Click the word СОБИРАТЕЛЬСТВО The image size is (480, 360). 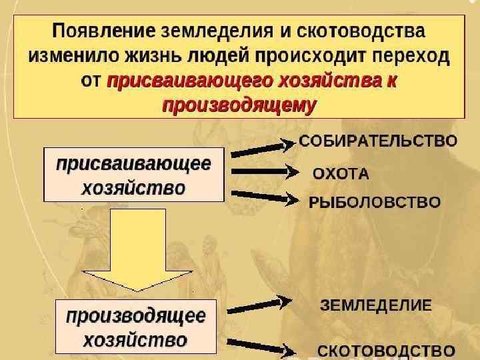coord(377,141)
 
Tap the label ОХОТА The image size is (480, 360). coord(341,174)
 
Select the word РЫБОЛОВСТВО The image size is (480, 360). coord(374,202)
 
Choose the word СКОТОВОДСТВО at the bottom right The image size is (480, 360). coord(385,350)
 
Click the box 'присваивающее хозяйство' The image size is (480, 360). coord(133,175)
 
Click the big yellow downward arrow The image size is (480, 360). coord(137,250)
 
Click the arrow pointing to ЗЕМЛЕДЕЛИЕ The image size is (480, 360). coord(260,306)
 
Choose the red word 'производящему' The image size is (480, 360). coord(239,105)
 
